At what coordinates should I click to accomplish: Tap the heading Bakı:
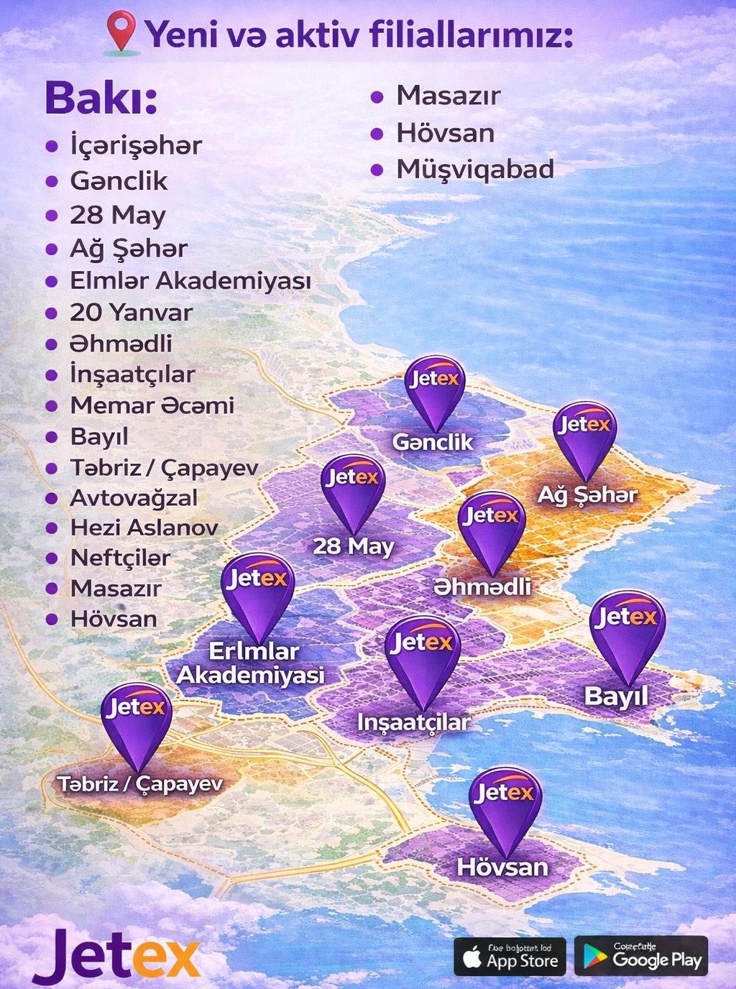(x=101, y=98)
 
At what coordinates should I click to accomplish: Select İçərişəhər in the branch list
(x=136, y=146)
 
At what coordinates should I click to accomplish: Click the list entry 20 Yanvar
(x=131, y=313)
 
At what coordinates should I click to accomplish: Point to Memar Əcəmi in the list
(x=152, y=405)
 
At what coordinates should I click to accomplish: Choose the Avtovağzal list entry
(x=133, y=498)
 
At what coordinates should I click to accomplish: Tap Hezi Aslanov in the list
(x=144, y=528)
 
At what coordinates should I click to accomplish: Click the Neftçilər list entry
(x=120, y=558)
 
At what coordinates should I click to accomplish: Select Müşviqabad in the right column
(x=475, y=170)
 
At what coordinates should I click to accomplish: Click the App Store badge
(x=510, y=957)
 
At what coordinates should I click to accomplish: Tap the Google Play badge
(x=641, y=956)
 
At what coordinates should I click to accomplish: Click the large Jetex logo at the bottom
(x=115, y=957)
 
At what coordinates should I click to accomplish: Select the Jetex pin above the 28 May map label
(x=352, y=492)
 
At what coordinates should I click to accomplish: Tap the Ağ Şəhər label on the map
(x=587, y=494)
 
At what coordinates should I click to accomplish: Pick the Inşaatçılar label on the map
(x=413, y=722)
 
